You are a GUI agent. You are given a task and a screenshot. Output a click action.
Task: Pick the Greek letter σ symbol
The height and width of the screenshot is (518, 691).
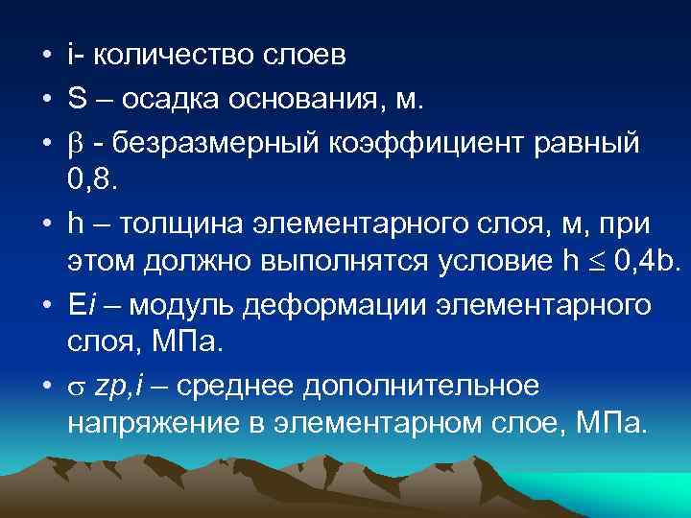pyautogui.click(x=75, y=388)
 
